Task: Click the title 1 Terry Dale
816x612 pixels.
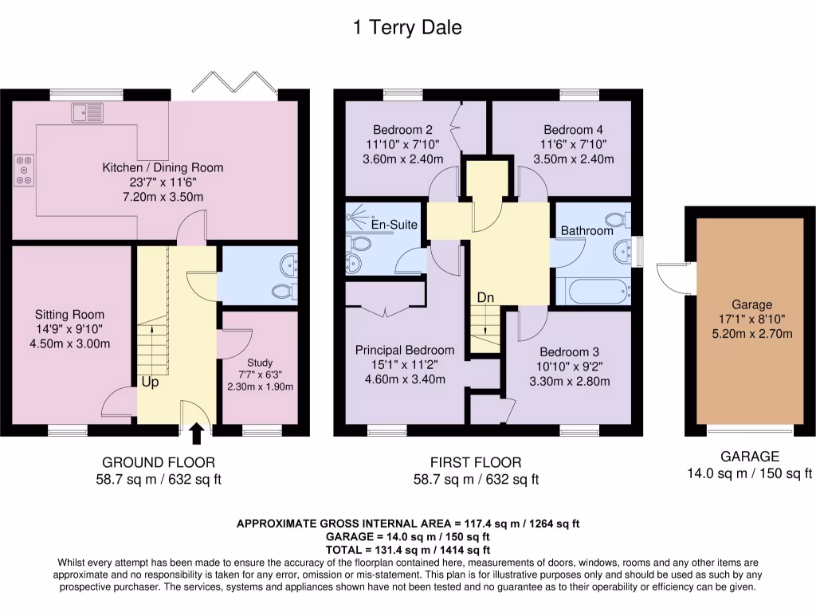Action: pyautogui.click(x=407, y=27)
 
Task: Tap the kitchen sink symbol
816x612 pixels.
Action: pyautogui.click(x=88, y=112)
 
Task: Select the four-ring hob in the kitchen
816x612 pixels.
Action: pyautogui.click(x=24, y=171)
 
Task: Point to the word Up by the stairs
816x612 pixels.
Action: pyautogui.click(x=150, y=382)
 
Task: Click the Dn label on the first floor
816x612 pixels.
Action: pyautogui.click(x=485, y=298)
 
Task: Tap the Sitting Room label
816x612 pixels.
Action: pyautogui.click(x=70, y=314)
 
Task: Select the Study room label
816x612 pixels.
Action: pyautogui.click(x=260, y=363)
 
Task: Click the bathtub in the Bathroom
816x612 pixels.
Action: pyautogui.click(x=594, y=292)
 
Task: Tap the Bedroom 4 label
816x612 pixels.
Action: pyautogui.click(x=574, y=130)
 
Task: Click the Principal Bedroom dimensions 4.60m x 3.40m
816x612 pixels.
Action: pyautogui.click(x=405, y=379)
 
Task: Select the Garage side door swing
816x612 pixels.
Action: pyautogui.click(x=673, y=280)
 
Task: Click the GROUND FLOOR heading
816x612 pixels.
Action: pyautogui.click(x=159, y=462)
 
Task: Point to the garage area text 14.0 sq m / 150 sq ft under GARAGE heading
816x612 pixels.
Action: pyautogui.click(x=749, y=473)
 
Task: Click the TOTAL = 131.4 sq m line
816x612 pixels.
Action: pyautogui.click(x=407, y=550)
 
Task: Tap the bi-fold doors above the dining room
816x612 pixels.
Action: pyautogui.click(x=235, y=82)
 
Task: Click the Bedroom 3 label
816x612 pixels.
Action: pyautogui.click(x=569, y=351)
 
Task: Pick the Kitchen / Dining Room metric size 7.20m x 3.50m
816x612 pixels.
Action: pyautogui.click(x=163, y=197)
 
